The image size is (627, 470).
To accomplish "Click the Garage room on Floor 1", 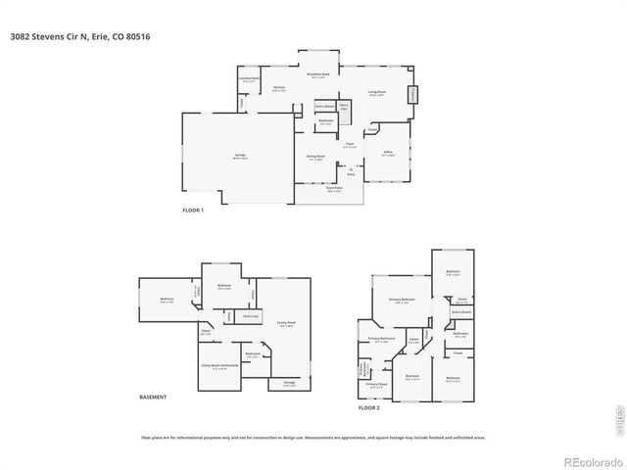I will point(239,157).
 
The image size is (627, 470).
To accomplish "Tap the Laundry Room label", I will point(249,78).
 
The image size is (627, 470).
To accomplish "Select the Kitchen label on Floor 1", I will point(279,88).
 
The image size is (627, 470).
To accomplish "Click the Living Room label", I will point(377,93).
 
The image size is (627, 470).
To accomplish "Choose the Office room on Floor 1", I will point(388,154).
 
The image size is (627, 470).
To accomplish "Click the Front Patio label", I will point(334,190).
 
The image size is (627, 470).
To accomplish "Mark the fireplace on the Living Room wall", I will point(412,95).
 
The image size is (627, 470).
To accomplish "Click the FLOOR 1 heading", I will point(193,211).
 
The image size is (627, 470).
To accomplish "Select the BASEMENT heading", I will point(153,397).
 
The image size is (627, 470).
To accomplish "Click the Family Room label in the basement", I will point(286,323).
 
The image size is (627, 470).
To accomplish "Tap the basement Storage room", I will point(289,383).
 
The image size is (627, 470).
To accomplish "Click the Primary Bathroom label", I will point(381,339).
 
